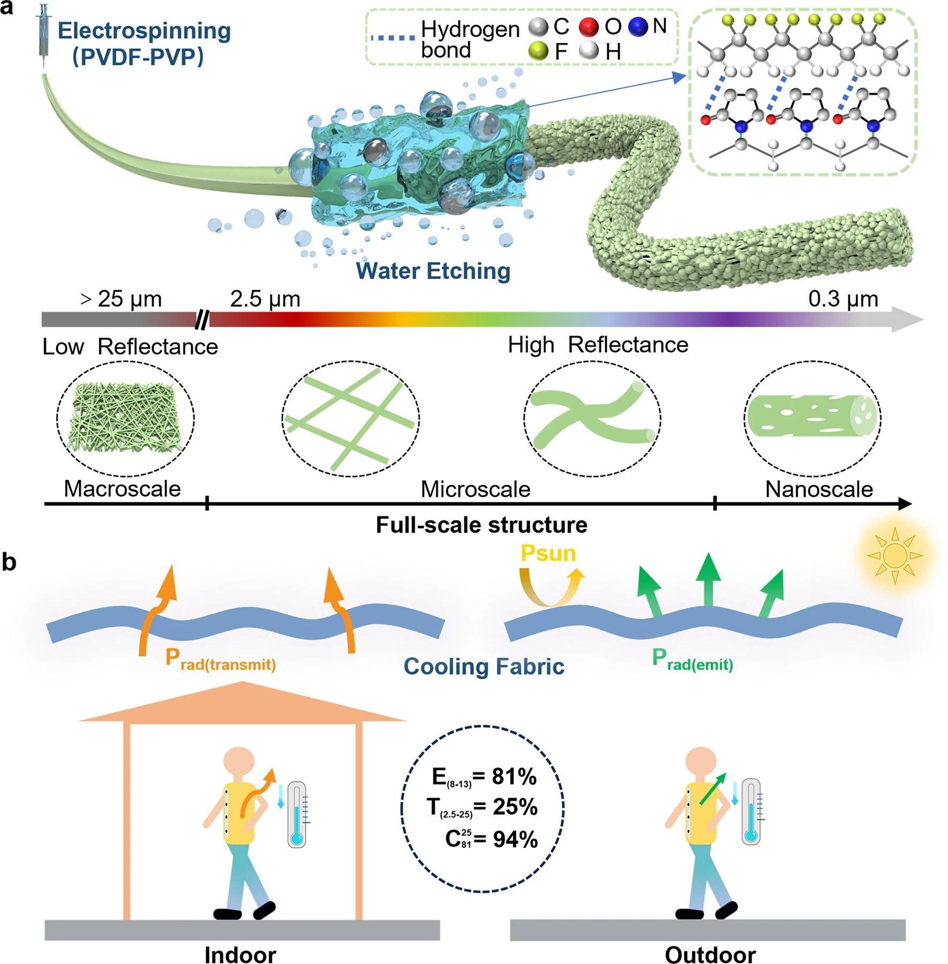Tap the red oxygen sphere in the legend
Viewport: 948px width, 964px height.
point(589,27)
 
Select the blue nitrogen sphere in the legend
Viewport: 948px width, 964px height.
point(638,27)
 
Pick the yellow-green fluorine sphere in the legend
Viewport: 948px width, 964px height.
point(538,51)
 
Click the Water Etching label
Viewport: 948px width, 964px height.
point(433,271)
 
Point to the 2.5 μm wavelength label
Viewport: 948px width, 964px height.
point(265,299)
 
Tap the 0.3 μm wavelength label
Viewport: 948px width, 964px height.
point(843,299)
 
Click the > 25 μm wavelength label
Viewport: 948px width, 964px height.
point(121,299)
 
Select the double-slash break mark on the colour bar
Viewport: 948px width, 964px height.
point(202,320)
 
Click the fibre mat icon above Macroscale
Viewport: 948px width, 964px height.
point(125,418)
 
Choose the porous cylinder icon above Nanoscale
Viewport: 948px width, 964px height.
point(812,418)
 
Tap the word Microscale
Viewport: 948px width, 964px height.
point(475,489)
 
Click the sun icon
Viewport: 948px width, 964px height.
point(894,555)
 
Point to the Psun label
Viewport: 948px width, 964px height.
point(548,553)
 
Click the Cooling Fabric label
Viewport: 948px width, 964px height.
point(484,666)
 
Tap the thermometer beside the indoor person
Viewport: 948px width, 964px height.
point(297,814)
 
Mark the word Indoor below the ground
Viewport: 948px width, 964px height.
point(240,954)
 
